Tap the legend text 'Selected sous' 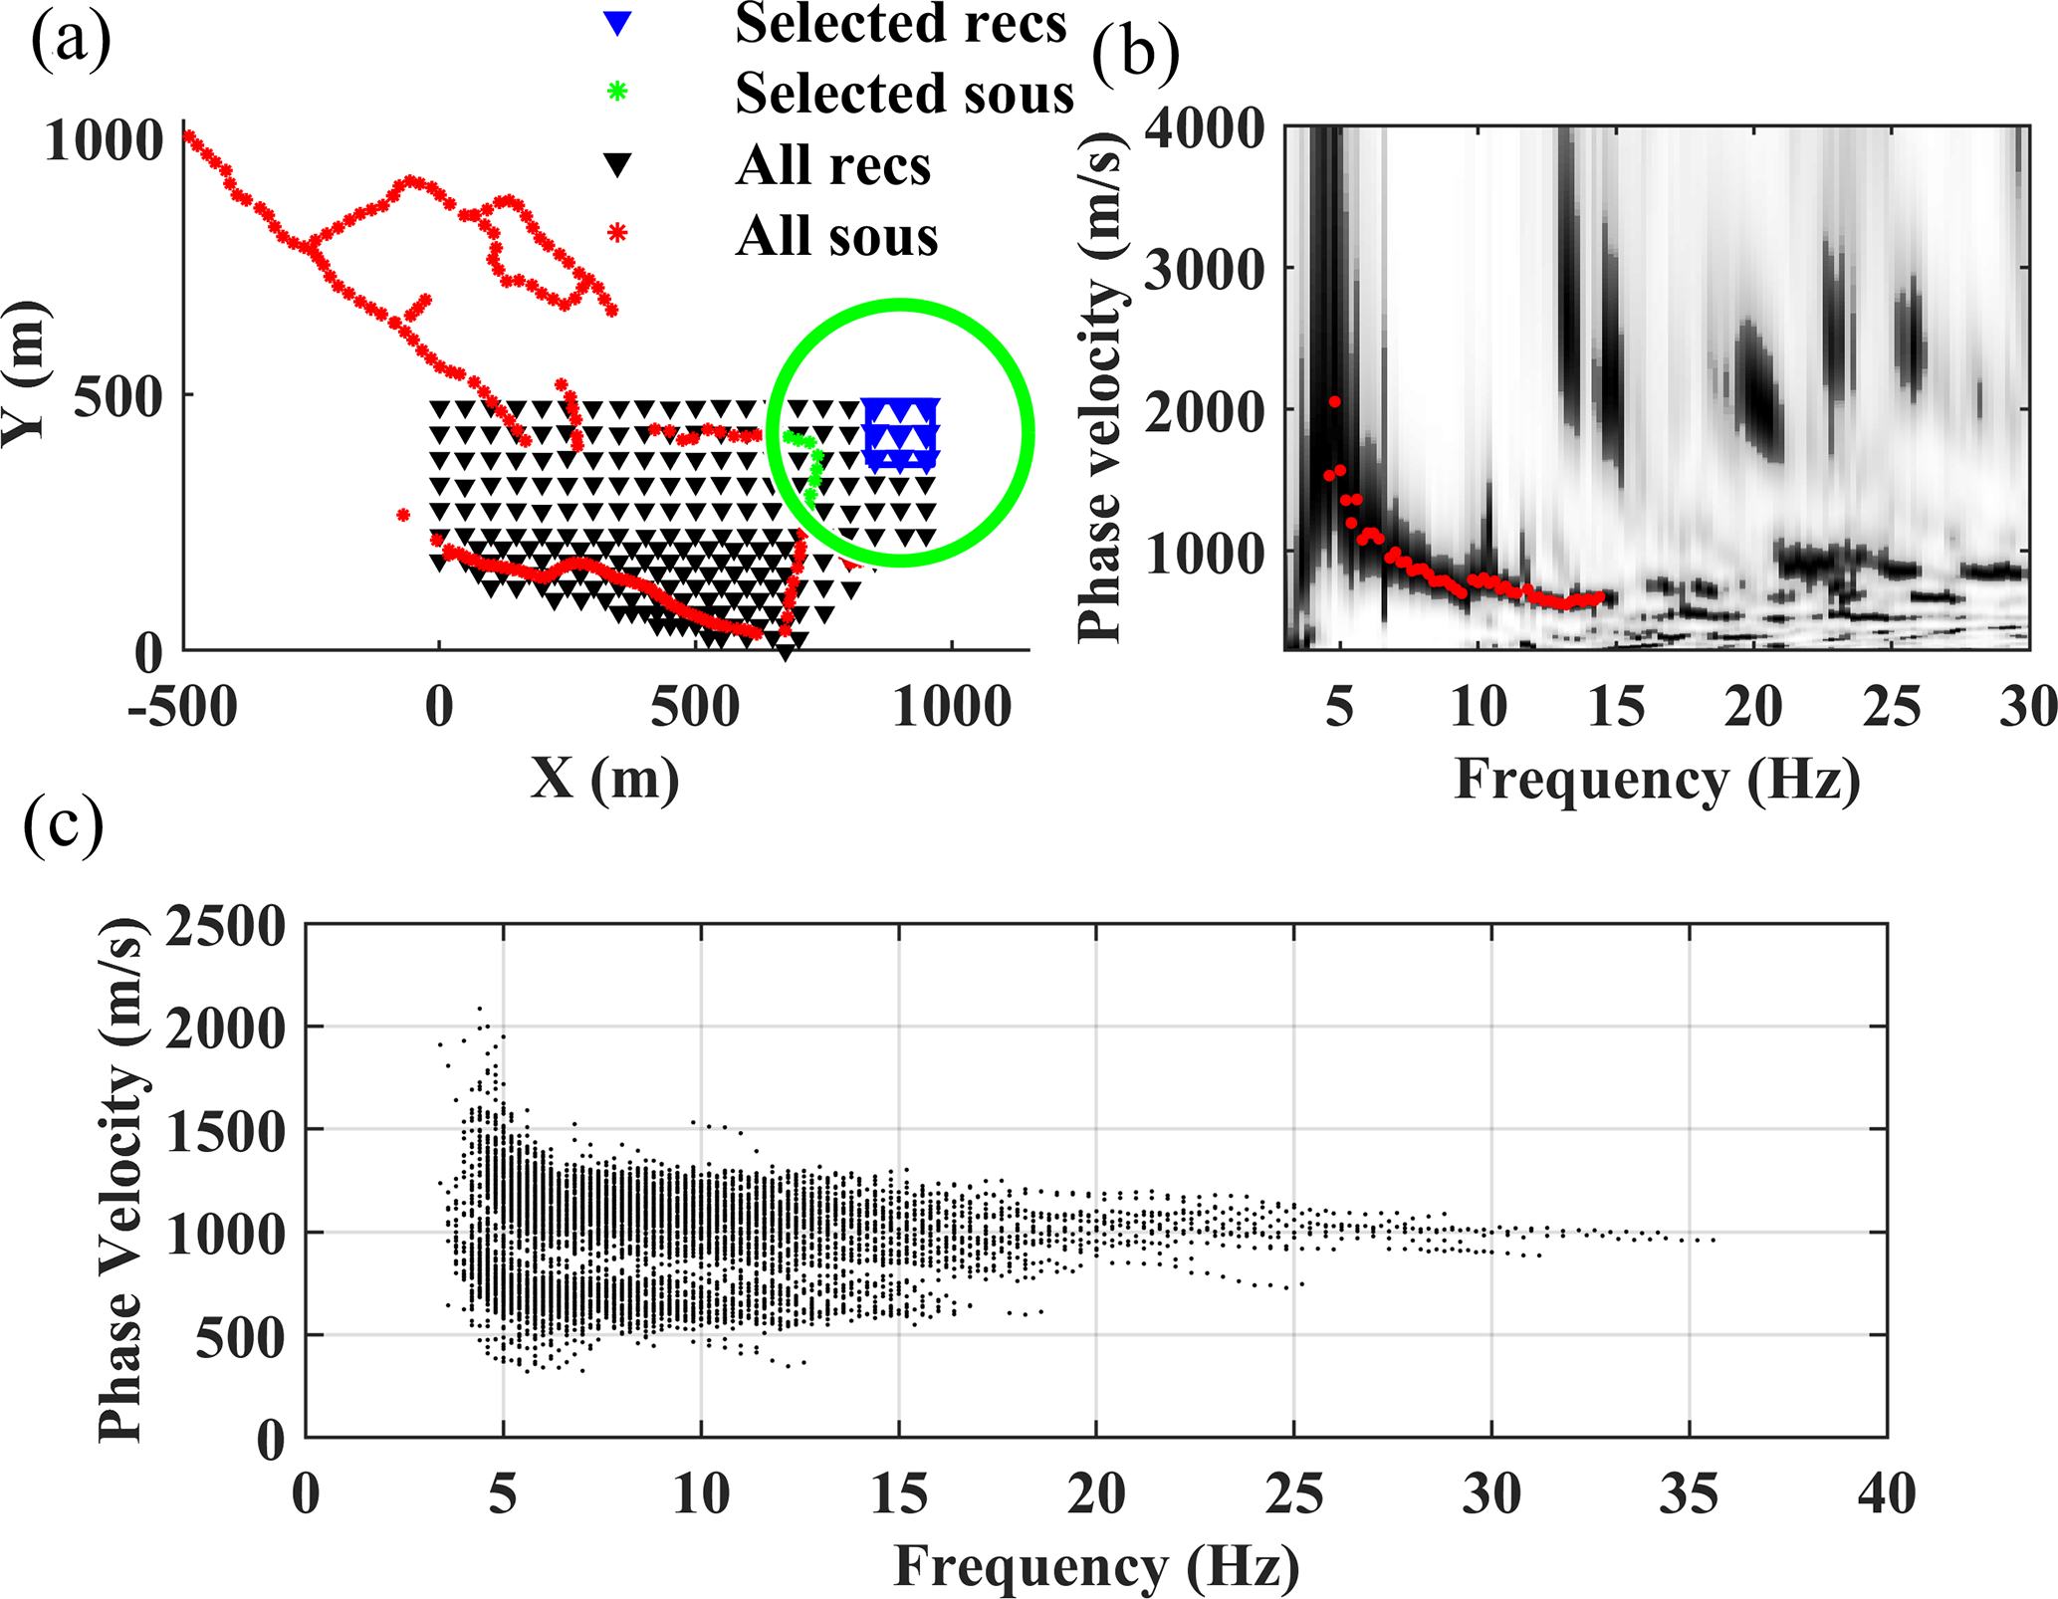(904, 94)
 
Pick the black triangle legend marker (617, 165)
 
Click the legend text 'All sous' (836, 237)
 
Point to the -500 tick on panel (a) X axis (183, 709)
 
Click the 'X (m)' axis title (604, 779)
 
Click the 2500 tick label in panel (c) (225, 927)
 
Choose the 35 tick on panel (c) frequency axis (1689, 1495)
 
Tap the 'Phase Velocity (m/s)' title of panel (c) (121, 1181)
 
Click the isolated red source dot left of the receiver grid (403, 515)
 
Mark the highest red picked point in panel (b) (1334, 402)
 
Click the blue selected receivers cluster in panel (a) (900, 434)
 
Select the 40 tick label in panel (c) (1886, 1495)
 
